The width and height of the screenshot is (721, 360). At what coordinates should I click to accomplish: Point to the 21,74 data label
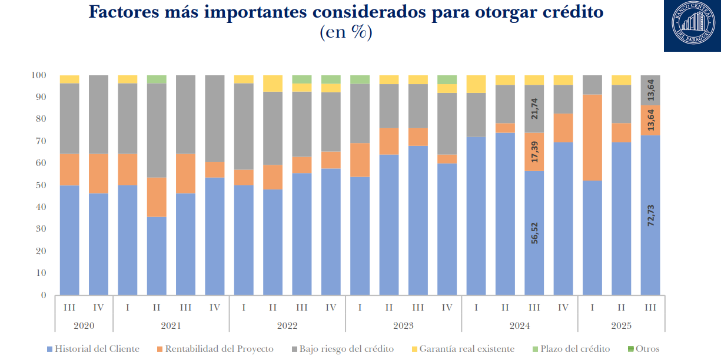pos(534,109)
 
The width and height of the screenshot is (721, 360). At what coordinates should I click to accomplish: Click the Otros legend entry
pos(647,349)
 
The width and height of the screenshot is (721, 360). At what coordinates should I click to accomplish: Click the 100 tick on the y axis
pos(38,75)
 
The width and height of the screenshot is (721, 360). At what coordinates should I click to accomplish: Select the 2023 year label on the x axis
pos(403,326)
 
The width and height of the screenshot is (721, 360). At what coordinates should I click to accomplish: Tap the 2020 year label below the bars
pos(84,326)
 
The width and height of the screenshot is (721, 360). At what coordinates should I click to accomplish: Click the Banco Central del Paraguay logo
pos(693,25)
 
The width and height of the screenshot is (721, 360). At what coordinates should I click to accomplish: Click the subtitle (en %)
pos(345,33)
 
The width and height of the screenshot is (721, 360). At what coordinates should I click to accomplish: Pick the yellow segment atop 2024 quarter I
pos(476,84)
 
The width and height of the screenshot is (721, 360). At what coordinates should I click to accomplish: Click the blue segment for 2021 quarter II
pos(157,256)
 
